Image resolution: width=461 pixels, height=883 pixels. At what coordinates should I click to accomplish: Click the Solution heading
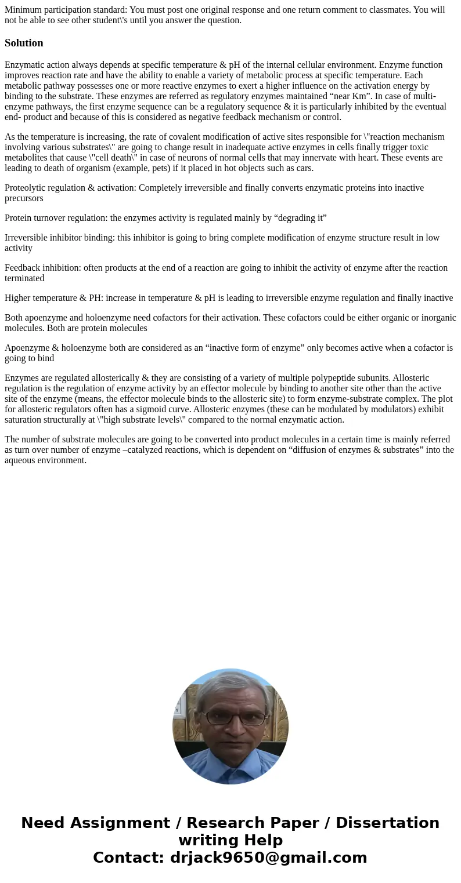[x=24, y=43]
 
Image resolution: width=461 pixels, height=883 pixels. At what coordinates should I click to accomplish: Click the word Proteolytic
[x=27, y=188]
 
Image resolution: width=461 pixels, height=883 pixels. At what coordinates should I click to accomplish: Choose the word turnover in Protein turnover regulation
[x=52, y=218]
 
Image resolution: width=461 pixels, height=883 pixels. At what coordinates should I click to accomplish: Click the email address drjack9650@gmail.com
[x=268, y=857]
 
